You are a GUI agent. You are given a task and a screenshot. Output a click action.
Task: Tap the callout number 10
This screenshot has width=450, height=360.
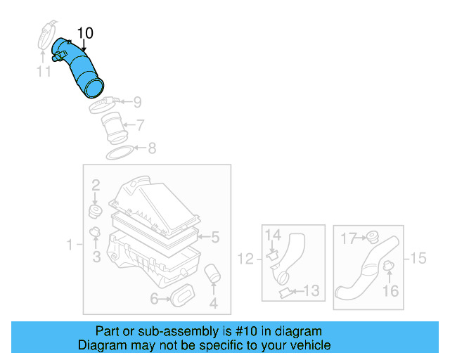pos(84,33)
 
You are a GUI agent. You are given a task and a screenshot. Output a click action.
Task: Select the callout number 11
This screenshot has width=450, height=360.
pos(44,71)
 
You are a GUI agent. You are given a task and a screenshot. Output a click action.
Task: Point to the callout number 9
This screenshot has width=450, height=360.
pos(137,102)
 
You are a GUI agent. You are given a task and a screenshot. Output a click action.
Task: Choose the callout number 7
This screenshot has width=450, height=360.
pos(141,126)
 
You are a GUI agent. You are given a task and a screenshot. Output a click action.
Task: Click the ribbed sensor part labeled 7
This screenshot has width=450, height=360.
pos(112,129)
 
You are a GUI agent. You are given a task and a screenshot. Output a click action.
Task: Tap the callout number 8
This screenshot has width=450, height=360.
pos(152,148)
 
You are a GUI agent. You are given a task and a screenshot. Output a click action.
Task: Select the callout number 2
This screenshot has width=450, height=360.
pos(96,186)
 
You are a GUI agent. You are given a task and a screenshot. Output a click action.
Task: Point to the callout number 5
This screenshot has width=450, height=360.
pos(216,237)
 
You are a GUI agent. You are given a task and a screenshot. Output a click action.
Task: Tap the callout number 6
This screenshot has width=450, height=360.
pos(154,300)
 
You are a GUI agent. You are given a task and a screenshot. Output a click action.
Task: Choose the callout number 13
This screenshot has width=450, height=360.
pos(311,290)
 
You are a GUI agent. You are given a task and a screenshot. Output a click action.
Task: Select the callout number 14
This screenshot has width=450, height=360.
pos(273,235)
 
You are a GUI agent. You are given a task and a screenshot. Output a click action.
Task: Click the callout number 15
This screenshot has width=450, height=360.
pos(418,258)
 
